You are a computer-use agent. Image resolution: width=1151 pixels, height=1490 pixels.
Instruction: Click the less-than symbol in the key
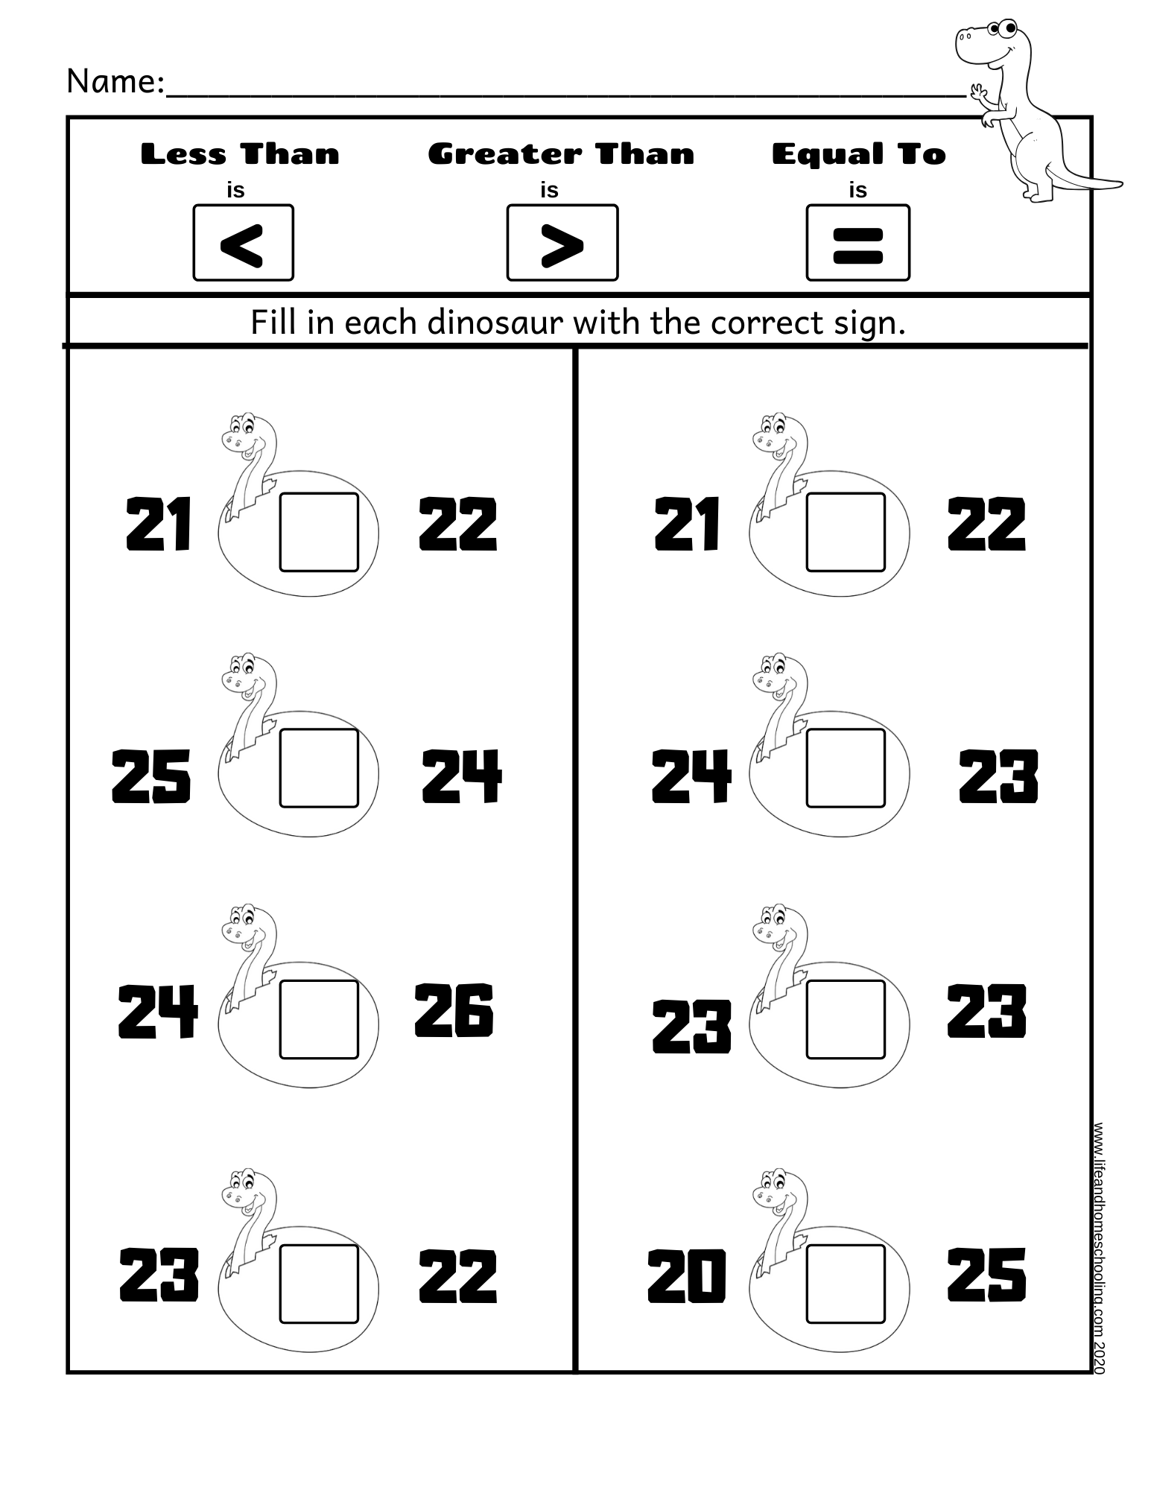[x=243, y=244]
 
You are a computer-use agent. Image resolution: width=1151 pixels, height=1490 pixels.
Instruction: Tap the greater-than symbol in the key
[x=562, y=244]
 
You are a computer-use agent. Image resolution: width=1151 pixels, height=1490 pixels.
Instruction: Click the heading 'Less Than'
[x=240, y=154]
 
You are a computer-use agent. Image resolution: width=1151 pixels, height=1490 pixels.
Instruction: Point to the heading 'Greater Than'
[x=561, y=154]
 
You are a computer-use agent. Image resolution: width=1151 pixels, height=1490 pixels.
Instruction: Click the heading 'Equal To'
[x=858, y=154]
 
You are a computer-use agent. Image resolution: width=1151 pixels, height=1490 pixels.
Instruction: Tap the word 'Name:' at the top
[x=115, y=82]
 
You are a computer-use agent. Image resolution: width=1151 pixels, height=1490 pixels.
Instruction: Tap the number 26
[x=454, y=1011]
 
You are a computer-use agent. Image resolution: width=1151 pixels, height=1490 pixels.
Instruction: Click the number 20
[x=686, y=1275]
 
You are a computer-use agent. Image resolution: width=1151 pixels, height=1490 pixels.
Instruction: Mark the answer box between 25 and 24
[x=319, y=769]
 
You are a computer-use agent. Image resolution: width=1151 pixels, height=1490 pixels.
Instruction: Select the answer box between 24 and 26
[x=319, y=1019]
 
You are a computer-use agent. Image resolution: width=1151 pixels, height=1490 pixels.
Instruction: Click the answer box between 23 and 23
[x=846, y=1019]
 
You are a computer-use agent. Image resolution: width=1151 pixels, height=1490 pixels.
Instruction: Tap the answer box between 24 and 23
[x=846, y=769]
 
